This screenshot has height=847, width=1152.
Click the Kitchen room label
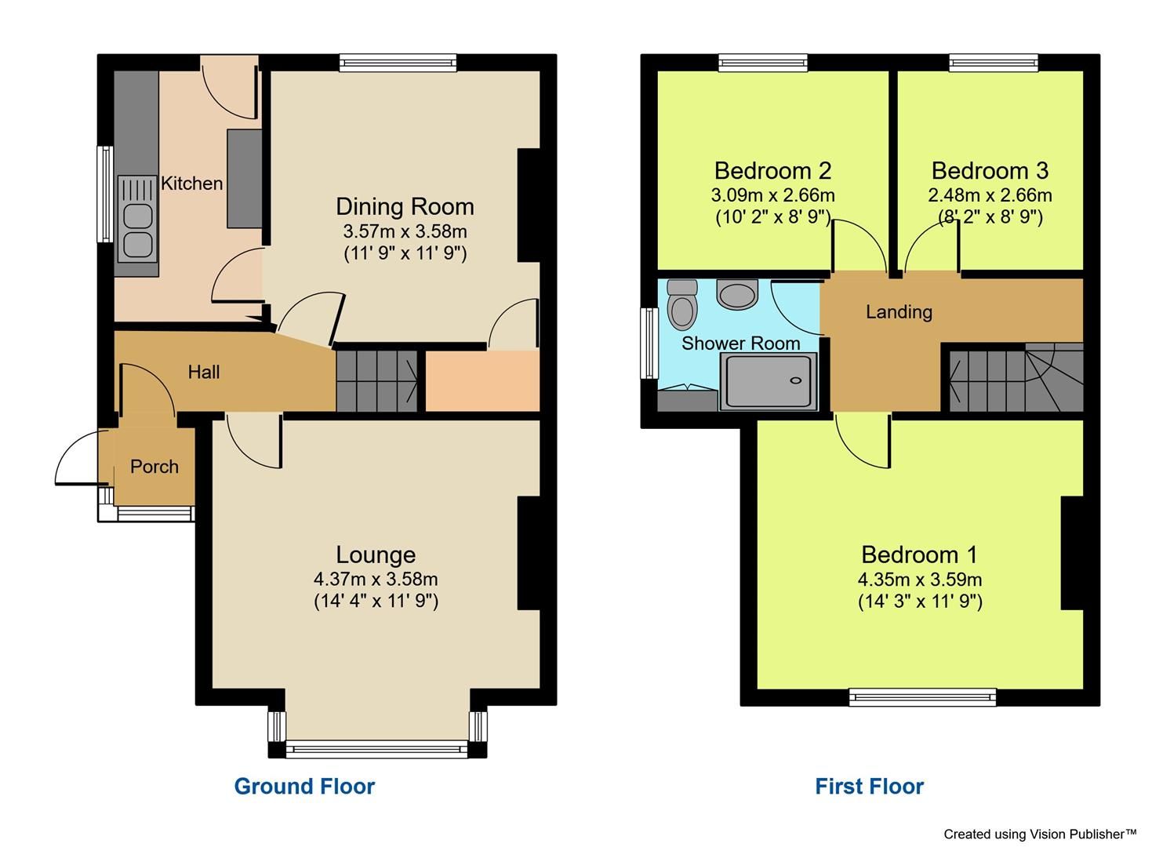coord(191,184)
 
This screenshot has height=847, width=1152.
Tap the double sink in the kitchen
coord(136,219)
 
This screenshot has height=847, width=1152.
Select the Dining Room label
coord(405,206)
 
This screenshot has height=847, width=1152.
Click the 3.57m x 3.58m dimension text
coord(405,232)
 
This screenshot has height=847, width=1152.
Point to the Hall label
coord(204,372)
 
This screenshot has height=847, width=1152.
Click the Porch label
coord(154,467)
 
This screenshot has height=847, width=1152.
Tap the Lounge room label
coord(376,554)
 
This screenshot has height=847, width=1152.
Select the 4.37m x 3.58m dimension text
coord(376,580)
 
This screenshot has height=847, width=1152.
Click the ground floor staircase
coord(377,380)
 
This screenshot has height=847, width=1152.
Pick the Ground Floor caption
coord(304,786)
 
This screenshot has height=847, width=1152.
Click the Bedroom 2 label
coord(772,170)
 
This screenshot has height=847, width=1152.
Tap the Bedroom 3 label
coord(990,170)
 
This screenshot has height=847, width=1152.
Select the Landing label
coord(899,312)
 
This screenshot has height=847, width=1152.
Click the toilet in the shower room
coord(681,305)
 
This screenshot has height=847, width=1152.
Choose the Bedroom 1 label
coord(919,554)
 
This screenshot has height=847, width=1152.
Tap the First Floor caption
coord(869,786)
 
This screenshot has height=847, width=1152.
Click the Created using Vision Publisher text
coord(1040,834)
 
